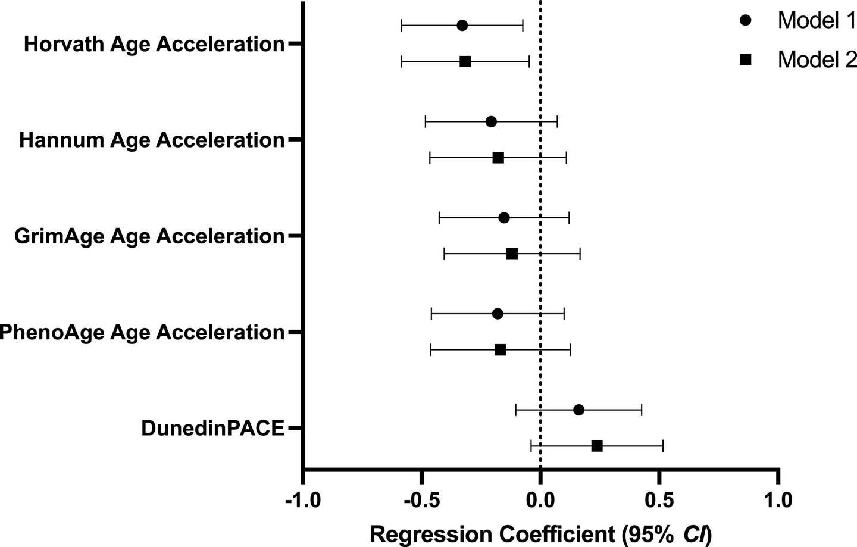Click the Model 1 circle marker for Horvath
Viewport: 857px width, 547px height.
[x=462, y=26]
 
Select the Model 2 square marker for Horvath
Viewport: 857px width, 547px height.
[x=465, y=62]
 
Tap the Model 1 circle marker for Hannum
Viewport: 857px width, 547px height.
[x=491, y=122]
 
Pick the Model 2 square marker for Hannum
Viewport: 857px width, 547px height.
[x=498, y=158]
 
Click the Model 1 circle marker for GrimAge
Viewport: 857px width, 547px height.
[x=504, y=218]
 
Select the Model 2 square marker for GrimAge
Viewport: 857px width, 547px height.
[x=512, y=254]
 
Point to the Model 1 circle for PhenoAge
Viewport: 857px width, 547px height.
[x=498, y=314]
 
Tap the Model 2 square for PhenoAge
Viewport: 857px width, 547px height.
[x=501, y=350]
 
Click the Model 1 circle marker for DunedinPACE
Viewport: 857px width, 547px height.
[x=578, y=410]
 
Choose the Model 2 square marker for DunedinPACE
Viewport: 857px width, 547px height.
[x=597, y=446]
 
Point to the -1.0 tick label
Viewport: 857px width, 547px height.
[x=303, y=500]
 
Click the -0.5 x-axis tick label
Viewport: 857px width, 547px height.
[x=421, y=500]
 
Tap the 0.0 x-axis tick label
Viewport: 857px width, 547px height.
[x=540, y=500]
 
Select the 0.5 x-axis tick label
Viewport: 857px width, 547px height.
[x=659, y=500]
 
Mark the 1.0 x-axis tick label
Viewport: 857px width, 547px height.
[x=778, y=500]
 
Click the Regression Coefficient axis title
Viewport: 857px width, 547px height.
[x=540, y=534]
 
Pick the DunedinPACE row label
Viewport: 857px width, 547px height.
[x=212, y=428]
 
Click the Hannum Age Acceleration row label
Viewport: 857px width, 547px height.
[x=152, y=140]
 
